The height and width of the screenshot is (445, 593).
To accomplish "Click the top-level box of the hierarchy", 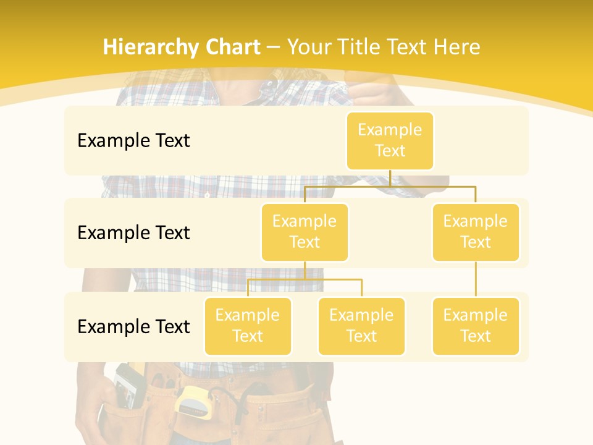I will pyautogui.click(x=390, y=140).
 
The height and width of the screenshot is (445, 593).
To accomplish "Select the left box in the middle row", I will pyautogui.click(x=305, y=232).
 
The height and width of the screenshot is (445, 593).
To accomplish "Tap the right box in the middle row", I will pyautogui.click(x=476, y=232).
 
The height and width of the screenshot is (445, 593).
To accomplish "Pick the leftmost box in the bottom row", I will pyautogui.click(x=248, y=326).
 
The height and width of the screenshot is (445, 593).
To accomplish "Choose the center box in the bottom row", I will pyautogui.click(x=361, y=326).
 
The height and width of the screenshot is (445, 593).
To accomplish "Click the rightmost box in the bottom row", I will pyautogui.click(x=476, y=326).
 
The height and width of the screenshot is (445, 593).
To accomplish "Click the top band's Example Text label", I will pyautogui.click(x=133, y=140).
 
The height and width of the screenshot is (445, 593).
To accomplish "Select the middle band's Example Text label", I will pyautogui.click(x=133, y=232).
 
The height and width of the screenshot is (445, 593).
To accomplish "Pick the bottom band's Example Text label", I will pyautogui.click(x=133, y=326).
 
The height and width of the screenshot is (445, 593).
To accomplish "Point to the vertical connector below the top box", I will pyautogui.click(x=390, y=178).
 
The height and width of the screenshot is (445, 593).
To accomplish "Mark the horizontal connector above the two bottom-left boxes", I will pyautogui.click(x=305, y=279).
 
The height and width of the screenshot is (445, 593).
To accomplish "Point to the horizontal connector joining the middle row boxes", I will pyautogui.click(x=390, y=185).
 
